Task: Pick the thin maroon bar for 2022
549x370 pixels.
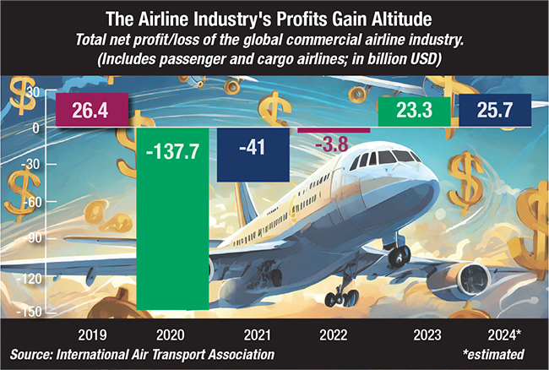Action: tap(333, 129)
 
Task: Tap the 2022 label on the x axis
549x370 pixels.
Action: tap(333, 332)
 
